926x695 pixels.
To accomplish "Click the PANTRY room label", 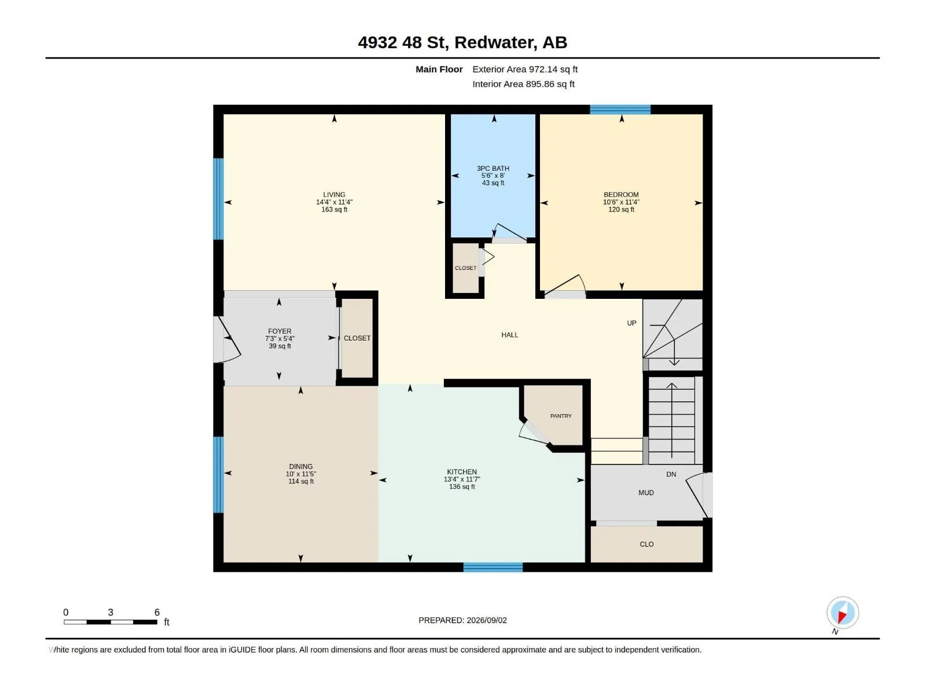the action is [561, 416].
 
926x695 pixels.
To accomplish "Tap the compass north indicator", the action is [843, 613].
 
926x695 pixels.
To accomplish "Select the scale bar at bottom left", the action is [111, 622].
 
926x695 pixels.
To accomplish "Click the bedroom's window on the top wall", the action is [620, 109].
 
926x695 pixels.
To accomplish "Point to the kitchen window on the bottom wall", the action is [493, 568].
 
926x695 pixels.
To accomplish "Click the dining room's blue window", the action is [218, 475].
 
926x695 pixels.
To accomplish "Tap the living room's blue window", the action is [218, 199].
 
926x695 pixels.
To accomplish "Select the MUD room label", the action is [646, 493].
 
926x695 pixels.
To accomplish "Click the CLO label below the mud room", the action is [646, 544].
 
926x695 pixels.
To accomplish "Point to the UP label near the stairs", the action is [631, 323].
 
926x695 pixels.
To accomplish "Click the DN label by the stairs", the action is [671, 474].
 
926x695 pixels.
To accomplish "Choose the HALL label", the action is [510, 335].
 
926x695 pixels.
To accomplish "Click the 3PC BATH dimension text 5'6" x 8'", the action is [493, 175].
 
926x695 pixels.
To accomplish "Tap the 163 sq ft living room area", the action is [334, 210].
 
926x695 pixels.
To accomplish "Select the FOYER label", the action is [280, 331].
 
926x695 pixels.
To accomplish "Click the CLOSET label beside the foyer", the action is [357, 338].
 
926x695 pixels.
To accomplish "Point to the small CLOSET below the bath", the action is [465, 268].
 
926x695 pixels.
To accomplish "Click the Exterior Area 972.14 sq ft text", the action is [525, 69].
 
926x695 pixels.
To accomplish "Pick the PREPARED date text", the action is [462, 620].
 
